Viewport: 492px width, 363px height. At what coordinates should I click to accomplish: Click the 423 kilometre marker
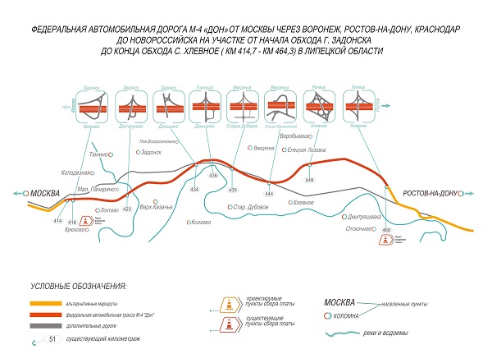click(x=127, y=209)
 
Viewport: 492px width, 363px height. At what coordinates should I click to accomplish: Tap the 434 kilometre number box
click(x=194, y=190)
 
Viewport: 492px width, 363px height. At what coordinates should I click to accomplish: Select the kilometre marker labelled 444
click(x=269, y=193)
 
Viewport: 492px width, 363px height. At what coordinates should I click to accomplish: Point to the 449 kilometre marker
click(x=309, y=179)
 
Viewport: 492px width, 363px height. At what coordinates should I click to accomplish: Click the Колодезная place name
click(x=78, y=172)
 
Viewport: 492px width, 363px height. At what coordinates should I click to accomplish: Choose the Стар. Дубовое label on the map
click(x=251, y=206)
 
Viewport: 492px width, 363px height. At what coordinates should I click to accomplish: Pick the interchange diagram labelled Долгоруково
click(x=130, y=108)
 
